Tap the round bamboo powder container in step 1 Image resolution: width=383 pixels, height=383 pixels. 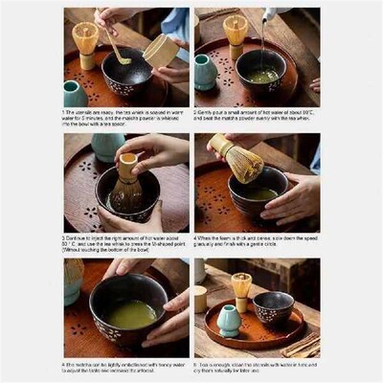coord(161,50)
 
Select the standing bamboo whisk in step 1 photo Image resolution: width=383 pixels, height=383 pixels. coord(85,43)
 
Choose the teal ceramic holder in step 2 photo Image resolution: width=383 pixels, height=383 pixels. coord(206,71)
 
